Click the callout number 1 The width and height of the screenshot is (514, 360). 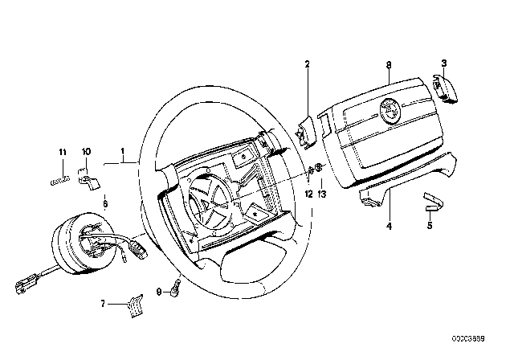122,151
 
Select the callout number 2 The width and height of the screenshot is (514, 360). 306,63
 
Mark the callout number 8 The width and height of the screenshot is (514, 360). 388,63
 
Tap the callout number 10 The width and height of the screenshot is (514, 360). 87,151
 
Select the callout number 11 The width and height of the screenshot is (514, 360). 61,151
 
